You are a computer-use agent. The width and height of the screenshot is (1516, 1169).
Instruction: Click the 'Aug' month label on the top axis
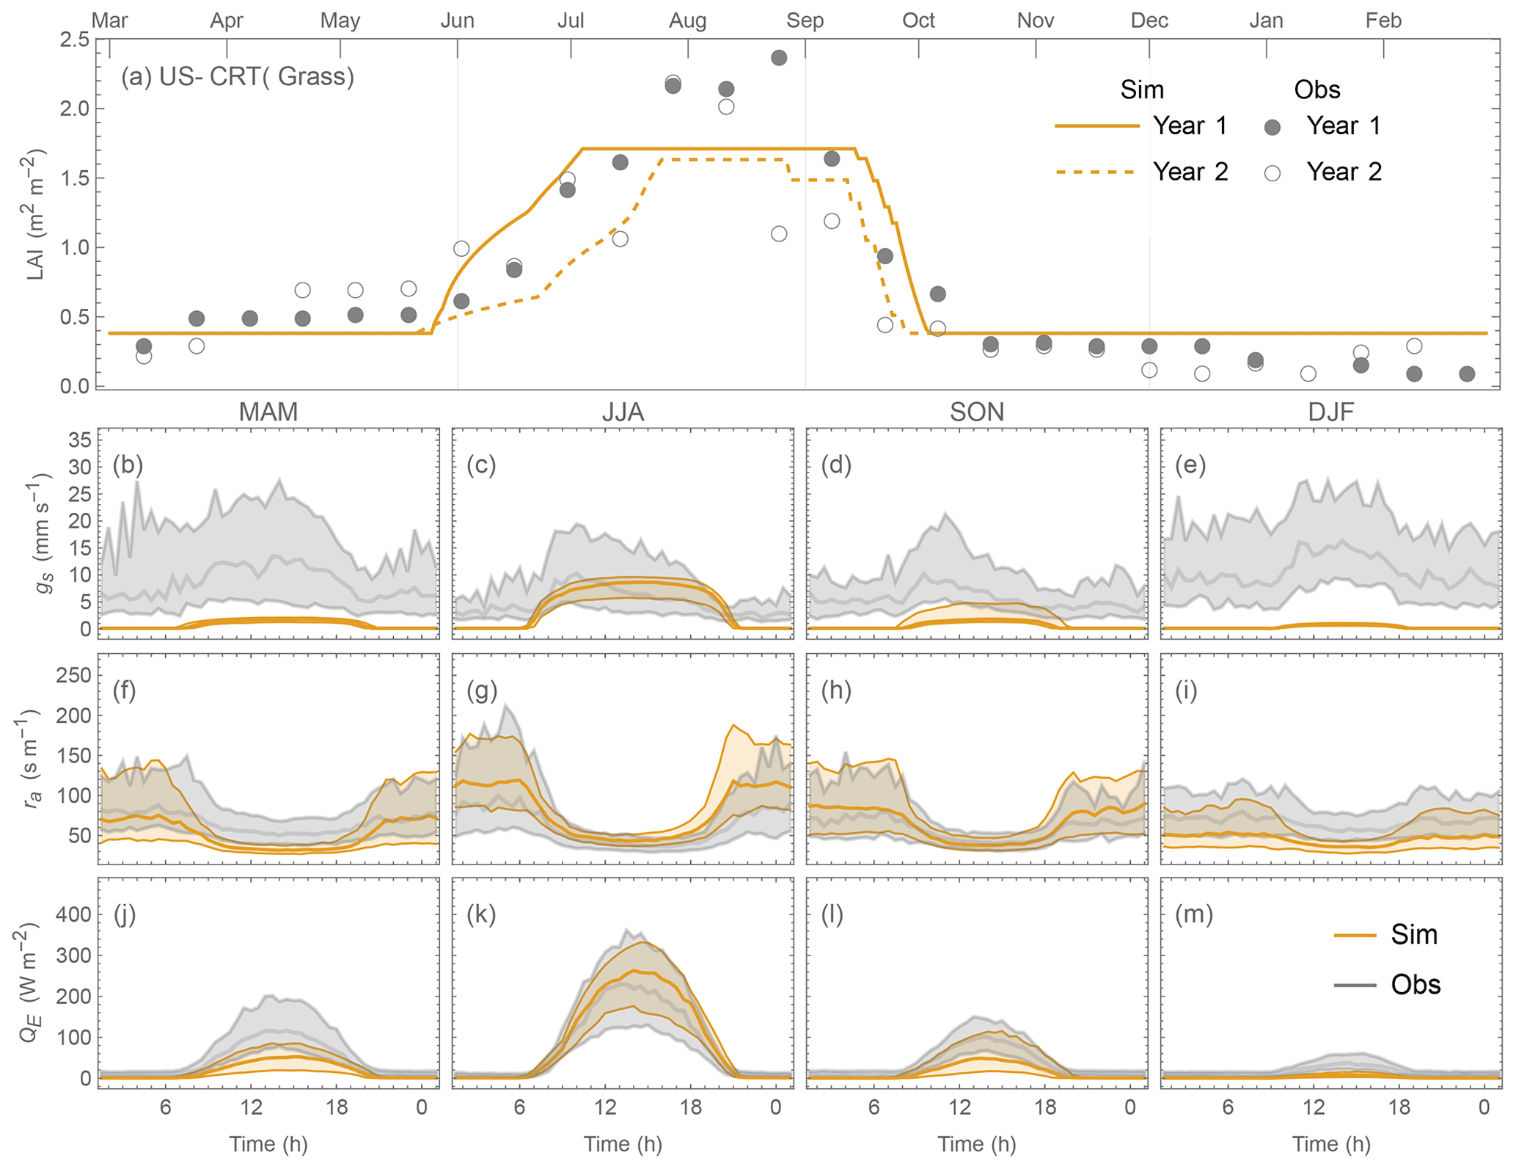pyautogui.click(x=687, y=20)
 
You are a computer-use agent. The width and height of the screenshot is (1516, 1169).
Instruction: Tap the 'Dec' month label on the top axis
pyautogui.click(x=1149, y=20)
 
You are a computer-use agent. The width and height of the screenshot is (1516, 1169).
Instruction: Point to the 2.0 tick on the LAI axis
pyautogui.click(x=74, y=109)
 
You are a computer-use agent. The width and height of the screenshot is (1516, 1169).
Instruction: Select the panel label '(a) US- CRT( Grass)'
pyautogui.click(x=238, y=76)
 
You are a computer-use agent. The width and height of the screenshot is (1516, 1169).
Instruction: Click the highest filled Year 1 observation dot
pyautogui.click(x=779, y=58)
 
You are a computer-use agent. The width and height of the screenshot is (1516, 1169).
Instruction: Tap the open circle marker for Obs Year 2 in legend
pyautogui.click(x=1273, y=173)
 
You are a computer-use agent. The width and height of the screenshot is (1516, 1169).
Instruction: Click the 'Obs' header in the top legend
pyautogui.click(x=1317, y=90)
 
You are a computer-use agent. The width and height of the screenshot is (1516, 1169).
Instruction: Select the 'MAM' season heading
pyautogui.click(x=268, y=412)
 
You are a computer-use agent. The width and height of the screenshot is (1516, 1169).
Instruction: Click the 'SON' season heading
pyautogui.click(x=977, y=412)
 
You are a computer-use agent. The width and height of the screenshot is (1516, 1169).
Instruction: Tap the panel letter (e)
pyautogui.click(x=1190, y=465)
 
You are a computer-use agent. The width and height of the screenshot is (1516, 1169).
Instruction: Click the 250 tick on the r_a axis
pyautogui.click(x=73, y=675)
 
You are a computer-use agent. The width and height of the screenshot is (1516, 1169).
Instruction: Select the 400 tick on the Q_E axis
pyautogui.click(x=73, y=914)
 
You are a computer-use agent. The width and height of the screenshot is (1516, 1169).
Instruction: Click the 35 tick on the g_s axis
pyautogui.click(x=80, y=440)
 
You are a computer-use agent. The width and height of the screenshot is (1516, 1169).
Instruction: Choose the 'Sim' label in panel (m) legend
pyautogui.click(x=1413, y=935)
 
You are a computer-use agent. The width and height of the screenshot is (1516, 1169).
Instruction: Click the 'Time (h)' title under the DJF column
pyautogui.click(x=1331, y=1144)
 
